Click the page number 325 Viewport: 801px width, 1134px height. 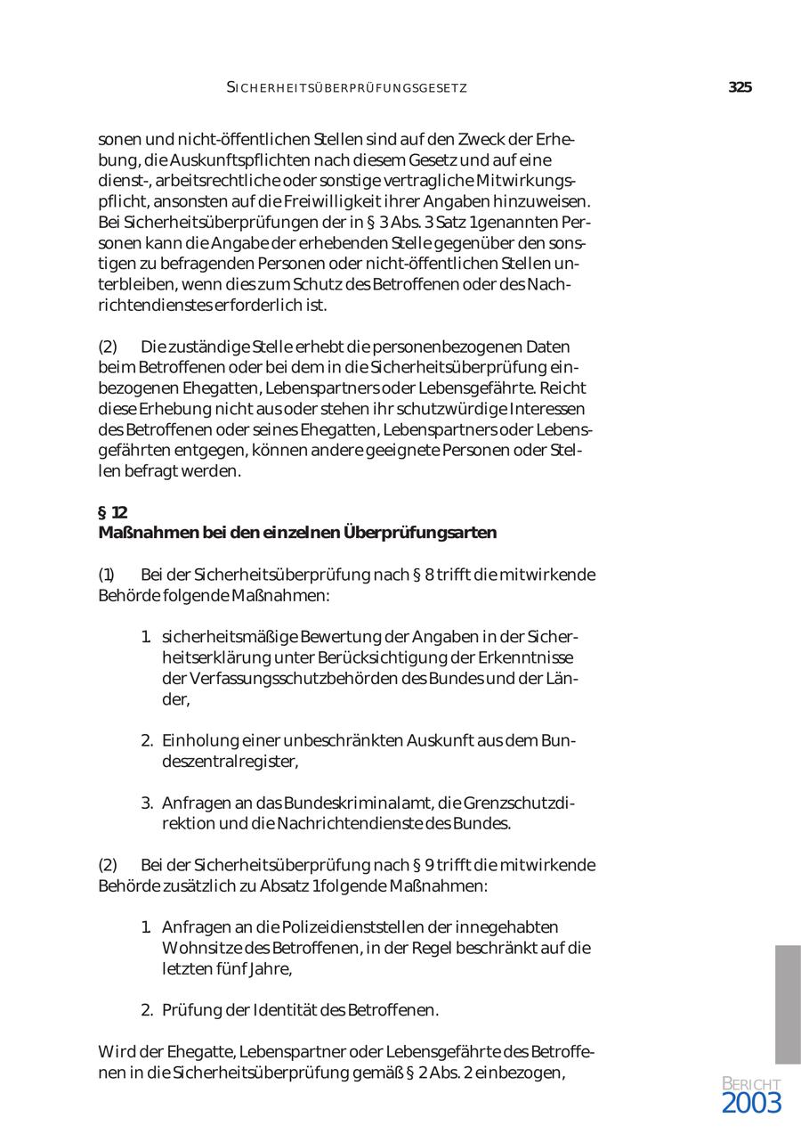tap(740, 87)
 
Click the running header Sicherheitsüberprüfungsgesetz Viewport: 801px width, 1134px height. tap(347, 87)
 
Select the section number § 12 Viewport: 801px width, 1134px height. tap(112, 512)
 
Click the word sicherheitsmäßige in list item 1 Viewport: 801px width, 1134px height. tap(229, 637)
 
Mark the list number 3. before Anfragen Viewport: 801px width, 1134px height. tap(147, 803)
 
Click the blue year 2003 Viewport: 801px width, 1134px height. tap(751, 1103)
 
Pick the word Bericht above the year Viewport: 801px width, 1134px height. tap(751, 1083)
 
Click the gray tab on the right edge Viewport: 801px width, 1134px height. tap(788, 1004)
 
